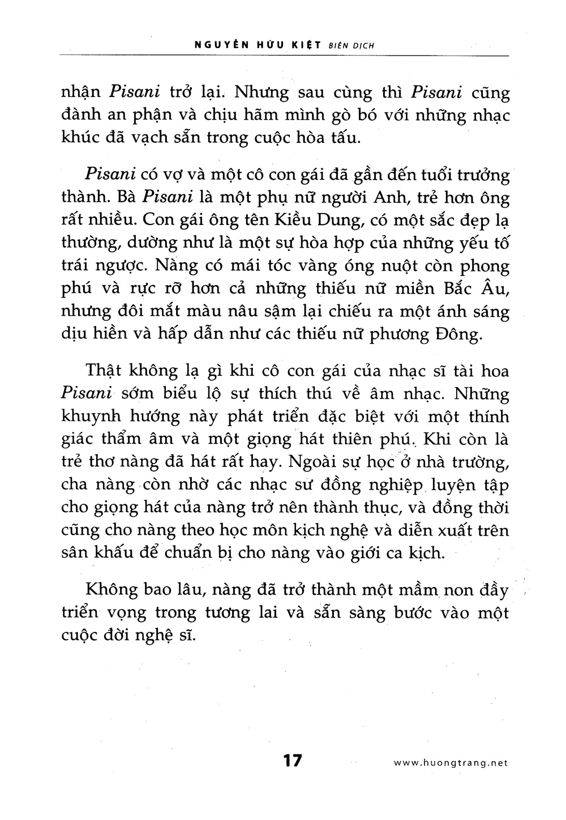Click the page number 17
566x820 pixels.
pos(293,760)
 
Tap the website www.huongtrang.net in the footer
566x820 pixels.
pos(451,763)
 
